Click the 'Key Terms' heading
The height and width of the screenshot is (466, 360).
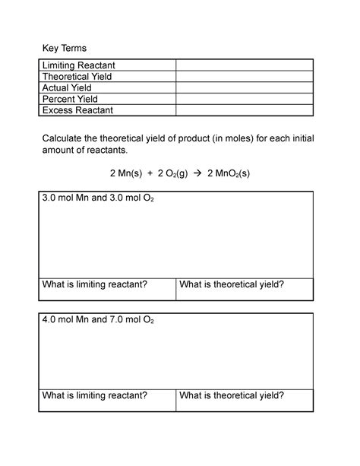pos(64,48)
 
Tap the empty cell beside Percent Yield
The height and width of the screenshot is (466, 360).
pos(244,99)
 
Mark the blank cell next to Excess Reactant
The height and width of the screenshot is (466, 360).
pos(244,110)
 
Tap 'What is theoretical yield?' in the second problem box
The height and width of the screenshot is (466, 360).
pos(232,395)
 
